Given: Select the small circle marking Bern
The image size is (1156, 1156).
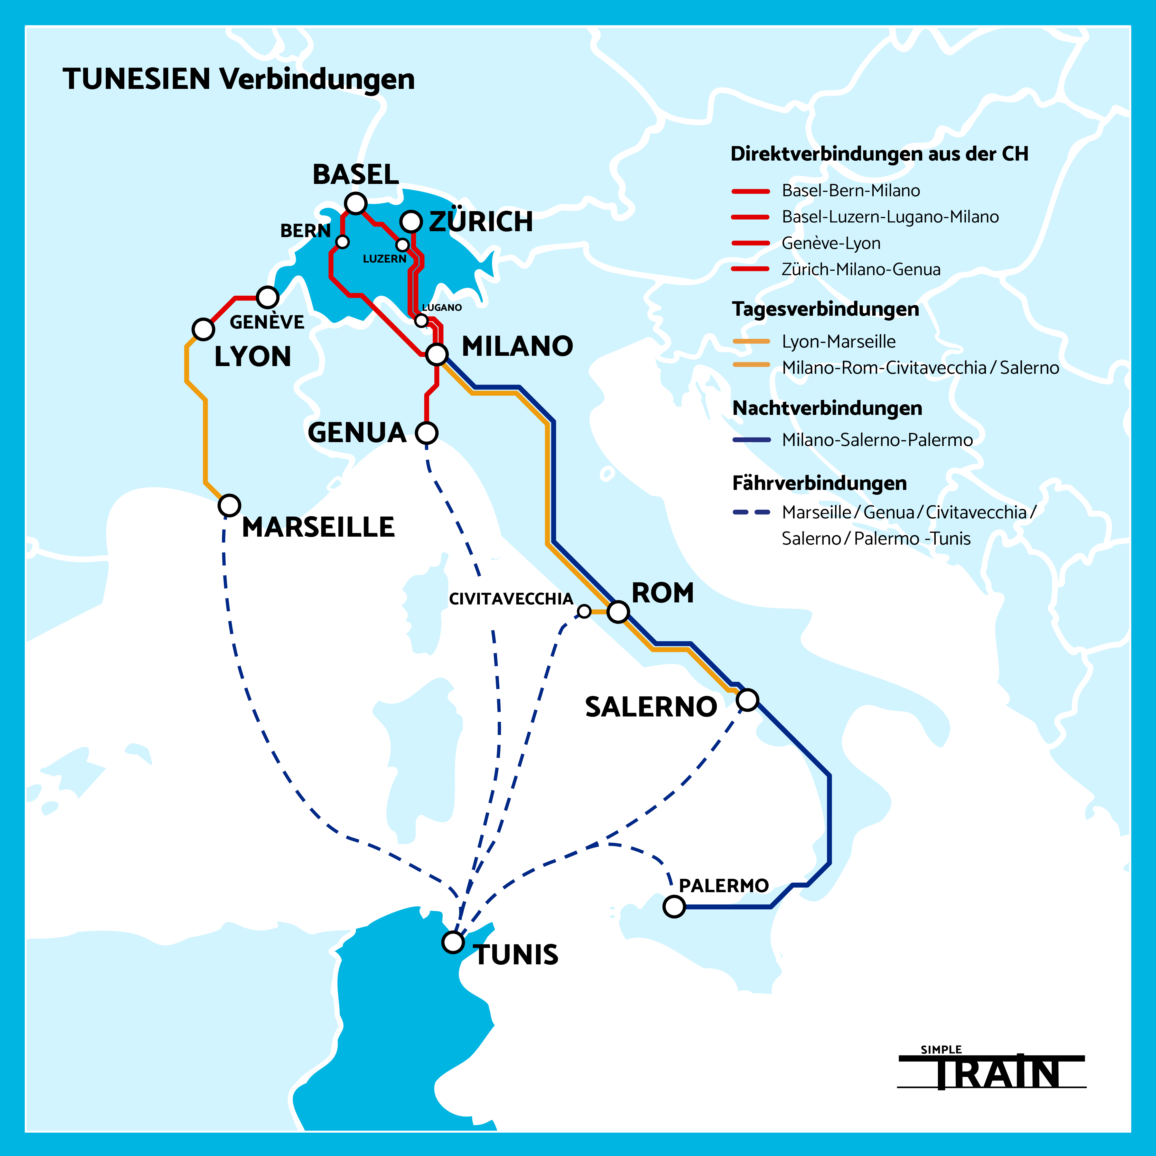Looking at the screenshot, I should pyautogui.click(x=342, y=242).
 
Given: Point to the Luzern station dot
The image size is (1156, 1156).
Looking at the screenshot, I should pyautogui.click(x=403, y=245).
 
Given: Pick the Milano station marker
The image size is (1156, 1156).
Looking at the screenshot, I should pyautogui.click(x=437, y=354).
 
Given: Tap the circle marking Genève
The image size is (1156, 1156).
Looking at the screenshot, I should pyautogui.click(x=267, y=297).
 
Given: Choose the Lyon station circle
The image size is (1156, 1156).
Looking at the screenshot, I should pyautogui.click(x=203, y=329).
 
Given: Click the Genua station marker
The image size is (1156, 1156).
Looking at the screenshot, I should pyautogui.click(x=427, y=433).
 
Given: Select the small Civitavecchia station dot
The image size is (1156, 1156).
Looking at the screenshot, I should pyautogui.click(x=584, y=611).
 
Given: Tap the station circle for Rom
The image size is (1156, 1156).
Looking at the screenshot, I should pyautogui.click(x=618, y=611).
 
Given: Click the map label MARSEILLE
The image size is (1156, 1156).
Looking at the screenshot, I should pyautogui.click(x=318, y=527).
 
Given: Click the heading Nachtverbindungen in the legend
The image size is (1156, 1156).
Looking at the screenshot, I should pyautogui.click(x=827, y=408).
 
